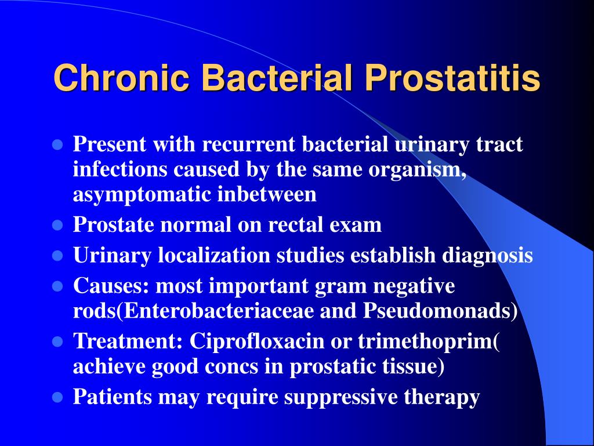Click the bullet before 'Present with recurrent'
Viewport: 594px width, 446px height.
(57, 145)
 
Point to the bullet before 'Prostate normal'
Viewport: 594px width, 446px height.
(57, 225)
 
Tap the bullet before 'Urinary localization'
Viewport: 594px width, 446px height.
(57, 256)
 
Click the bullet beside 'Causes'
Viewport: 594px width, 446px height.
(57, 286)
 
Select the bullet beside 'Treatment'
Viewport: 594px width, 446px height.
(57, 341)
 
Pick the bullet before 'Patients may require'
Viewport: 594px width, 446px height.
(57, 397)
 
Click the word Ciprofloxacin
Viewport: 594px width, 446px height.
(257, 341)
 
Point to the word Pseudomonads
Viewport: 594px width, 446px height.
(437, 311)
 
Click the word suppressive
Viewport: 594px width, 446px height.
(341, 397)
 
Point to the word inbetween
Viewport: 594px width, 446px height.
(267, 195)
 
